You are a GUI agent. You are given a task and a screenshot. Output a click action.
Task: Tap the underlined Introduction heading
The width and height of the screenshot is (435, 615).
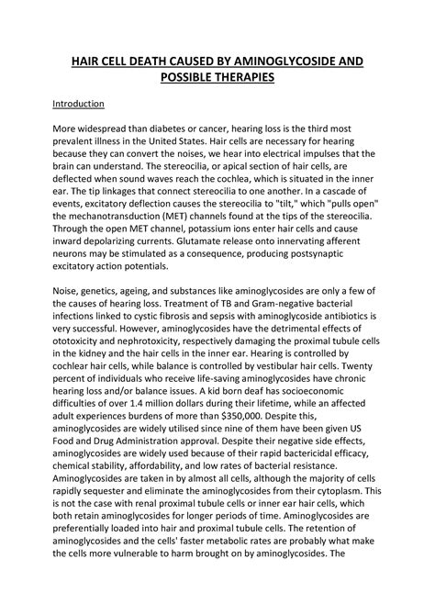(x=79, y=105)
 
